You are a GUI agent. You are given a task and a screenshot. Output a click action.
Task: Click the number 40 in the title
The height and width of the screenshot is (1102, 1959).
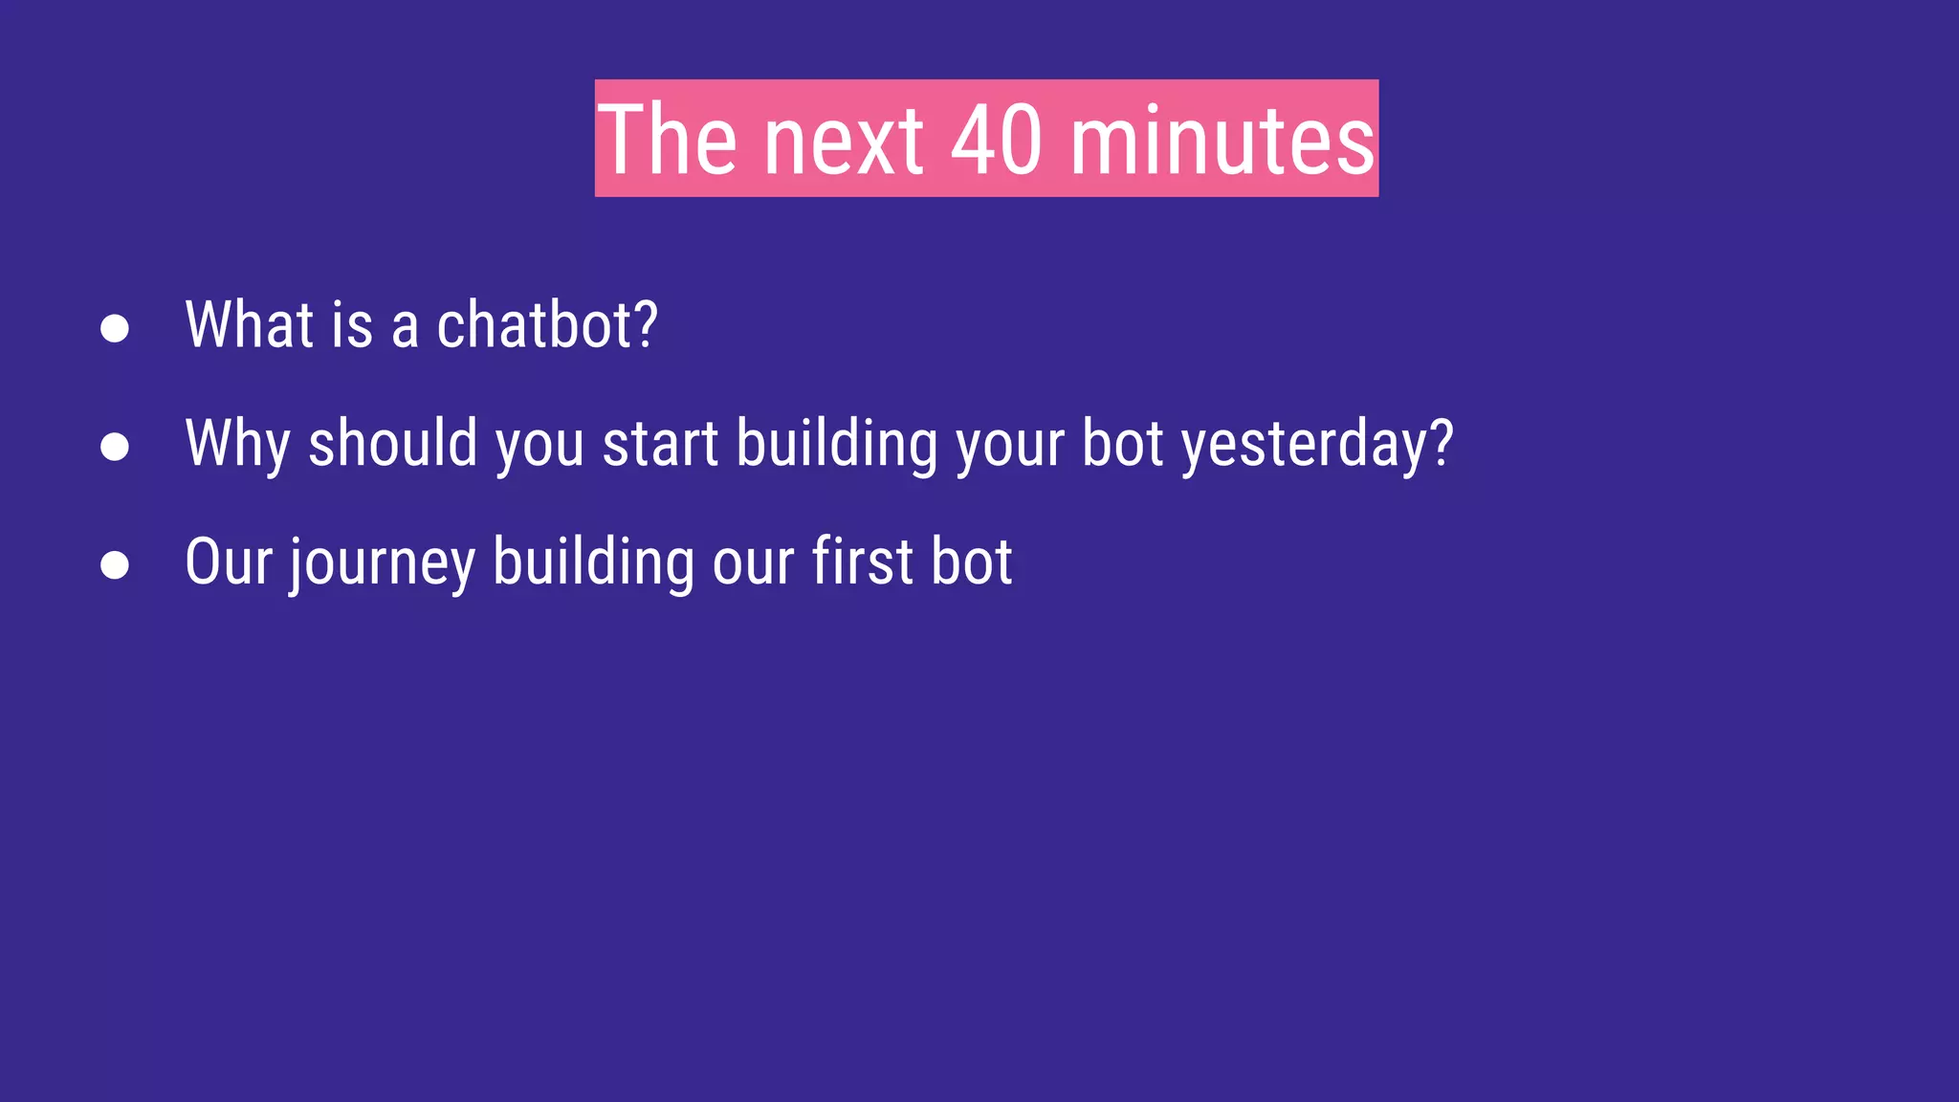(996, 141)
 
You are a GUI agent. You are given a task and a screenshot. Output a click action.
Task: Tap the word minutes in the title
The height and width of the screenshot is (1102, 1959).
(1222, 141)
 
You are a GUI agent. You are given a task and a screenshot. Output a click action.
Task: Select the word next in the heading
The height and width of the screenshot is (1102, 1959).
(844, 141)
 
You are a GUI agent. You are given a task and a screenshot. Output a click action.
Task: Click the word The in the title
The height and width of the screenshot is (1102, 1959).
(668, 141)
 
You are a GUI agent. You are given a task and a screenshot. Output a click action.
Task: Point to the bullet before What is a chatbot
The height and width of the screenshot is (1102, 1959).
(115, 328)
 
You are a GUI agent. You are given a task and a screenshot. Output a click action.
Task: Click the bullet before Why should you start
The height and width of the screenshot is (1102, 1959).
(115, 447)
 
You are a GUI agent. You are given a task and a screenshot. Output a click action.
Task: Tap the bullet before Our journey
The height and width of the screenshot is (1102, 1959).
(115, 564)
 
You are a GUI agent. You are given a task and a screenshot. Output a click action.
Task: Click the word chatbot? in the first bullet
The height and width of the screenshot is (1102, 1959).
(547, 325)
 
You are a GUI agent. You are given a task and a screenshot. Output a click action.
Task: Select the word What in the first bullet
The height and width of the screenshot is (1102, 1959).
(248, 325)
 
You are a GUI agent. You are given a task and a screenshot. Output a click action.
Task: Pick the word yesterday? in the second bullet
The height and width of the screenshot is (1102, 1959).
(1317, 445)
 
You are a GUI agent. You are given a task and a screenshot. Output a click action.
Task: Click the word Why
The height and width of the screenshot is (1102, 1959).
(237, 445)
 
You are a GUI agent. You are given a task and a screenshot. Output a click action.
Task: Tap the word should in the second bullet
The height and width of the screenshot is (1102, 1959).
(392, 443)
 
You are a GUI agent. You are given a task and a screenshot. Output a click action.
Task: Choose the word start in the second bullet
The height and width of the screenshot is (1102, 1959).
(660, 445)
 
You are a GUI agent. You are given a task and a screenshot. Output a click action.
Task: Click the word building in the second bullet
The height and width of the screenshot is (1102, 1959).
(837, 445)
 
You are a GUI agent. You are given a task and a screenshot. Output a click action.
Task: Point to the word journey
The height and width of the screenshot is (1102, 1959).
(383, 563)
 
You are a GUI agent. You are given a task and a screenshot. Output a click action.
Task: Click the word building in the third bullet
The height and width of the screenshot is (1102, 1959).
(593, 563)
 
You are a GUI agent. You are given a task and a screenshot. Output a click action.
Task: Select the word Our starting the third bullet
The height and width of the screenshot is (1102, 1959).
(229, 562)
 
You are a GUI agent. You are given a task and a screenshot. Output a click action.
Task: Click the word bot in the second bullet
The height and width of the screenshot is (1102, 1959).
(1122, 445)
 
